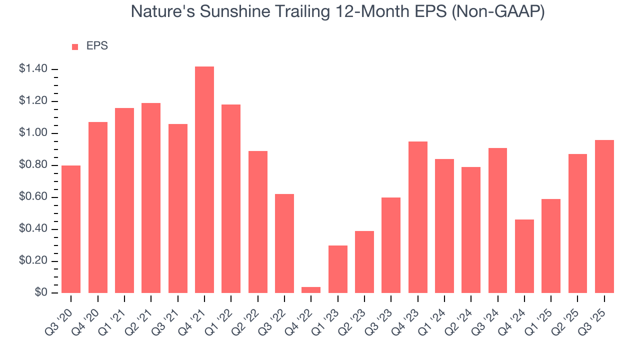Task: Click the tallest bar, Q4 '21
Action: pyautogui.click(x=204, y=180)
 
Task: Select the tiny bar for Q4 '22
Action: pyautogui.click(x=311, y=290)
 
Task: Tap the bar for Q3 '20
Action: pyautogui.click(x=71, y=229)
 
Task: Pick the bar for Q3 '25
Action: pyautogui.click(x=604, y=216)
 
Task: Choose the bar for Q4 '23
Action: pyautogui.click(x=417, y=217)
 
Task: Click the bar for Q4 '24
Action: pyautogui.click(x=524, y=256)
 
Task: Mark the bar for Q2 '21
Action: pyautogui.click(x=151, y=198)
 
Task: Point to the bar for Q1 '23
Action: pyautogui.click(x=337, y=269)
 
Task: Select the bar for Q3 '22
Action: pyautogui.click(x=284, y=243)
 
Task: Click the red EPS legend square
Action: pyautogui.click(x=75, y=47)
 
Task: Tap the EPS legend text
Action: pyautogui.click(x=97, y=46)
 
